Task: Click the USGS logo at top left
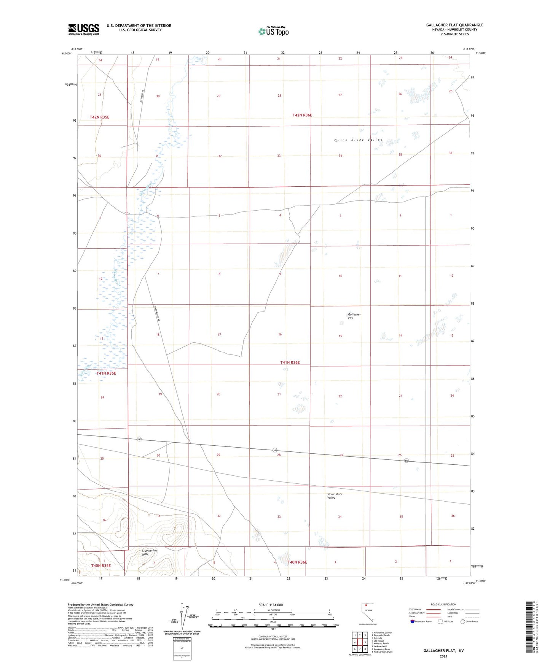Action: [83, 29]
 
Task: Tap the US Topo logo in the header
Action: [273, 31]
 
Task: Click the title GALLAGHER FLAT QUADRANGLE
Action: [454, 25]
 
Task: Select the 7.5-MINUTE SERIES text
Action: [454, 34]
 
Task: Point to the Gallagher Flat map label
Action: [354, 316]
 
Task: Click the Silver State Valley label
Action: [335, 496]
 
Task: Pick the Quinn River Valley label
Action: [358, 140]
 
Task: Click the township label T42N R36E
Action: [302, 115]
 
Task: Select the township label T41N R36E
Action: [290, 362]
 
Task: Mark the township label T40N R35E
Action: [101, 566]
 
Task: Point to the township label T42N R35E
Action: [99, 117]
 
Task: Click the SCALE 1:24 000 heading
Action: [271, 605]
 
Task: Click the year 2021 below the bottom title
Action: [443, 656]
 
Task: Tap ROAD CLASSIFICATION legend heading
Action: [443, 604]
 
